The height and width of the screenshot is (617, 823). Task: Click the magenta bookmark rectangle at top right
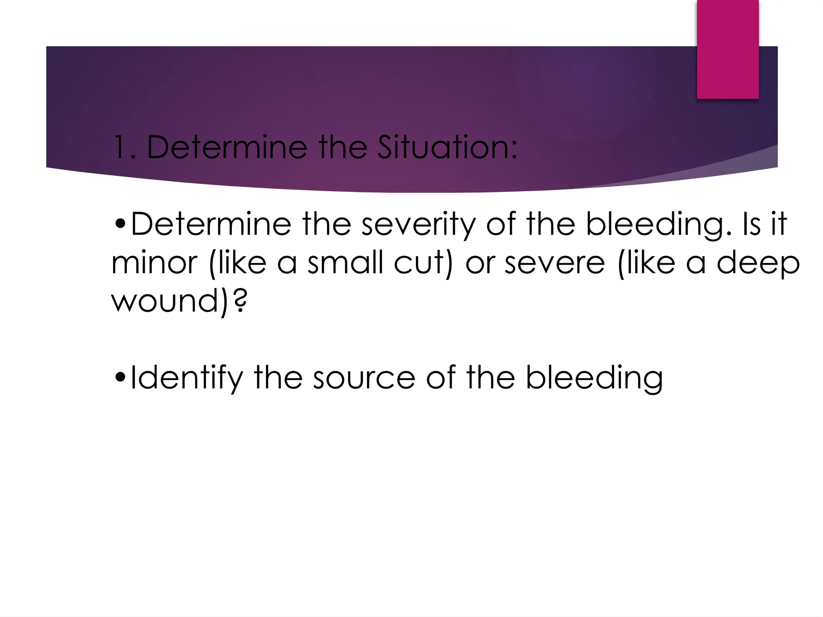pos(727,49)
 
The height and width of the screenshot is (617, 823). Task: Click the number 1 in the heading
pos(119,147)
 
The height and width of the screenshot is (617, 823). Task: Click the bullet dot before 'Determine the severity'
pos(120,224)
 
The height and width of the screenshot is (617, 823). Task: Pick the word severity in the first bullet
pos(418,224)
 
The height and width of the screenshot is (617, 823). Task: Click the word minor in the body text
pos(154,263)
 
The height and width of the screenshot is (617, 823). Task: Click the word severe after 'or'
pos(555,263)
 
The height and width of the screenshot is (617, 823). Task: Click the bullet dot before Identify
pos(120,378)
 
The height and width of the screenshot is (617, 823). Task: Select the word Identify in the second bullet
pos(187,378)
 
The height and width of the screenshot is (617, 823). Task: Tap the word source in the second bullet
pos(364,378)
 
